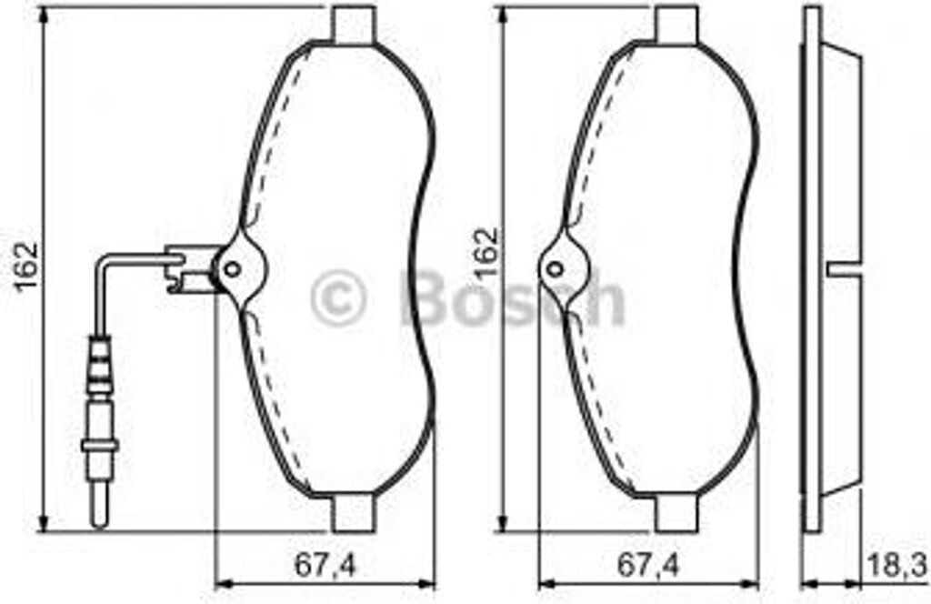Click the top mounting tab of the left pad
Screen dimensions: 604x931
pyautogui.click(x=355, y=25)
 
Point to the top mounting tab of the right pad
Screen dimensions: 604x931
pyautogui.click(x=677, y=25)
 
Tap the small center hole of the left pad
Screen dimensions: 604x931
pyautogui.click(x=232, y=268)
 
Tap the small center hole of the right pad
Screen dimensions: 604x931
pyautogui.click(x=556, y=268)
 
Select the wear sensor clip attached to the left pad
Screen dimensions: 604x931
pyautogui.click(x=185, y=269)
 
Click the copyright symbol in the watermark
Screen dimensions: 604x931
pyautogui.click(x=338, y=297)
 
